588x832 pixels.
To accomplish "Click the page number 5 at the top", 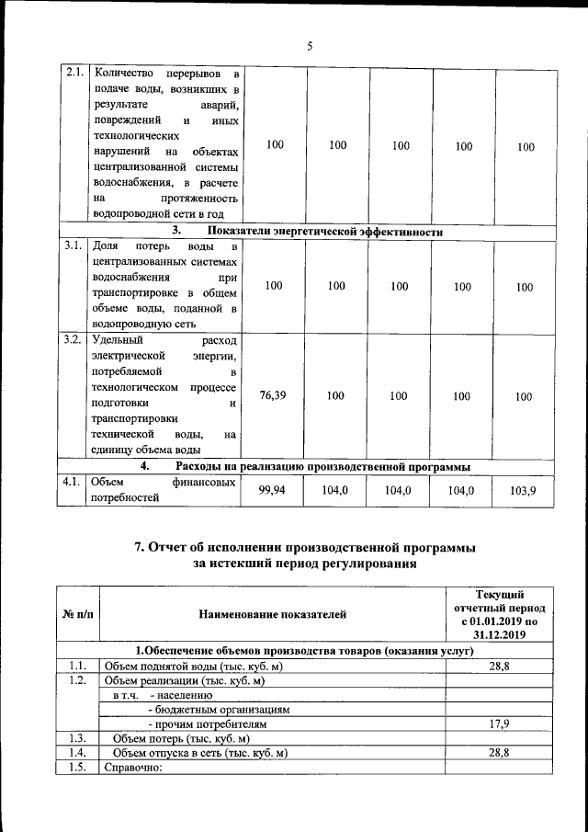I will pos(310,48).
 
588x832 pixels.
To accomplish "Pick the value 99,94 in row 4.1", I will pos(273,491).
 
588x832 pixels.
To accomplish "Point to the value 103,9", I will pos(524,492).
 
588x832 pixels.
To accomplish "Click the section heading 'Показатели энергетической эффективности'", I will pos(326,232).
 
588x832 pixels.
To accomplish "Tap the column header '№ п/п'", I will pos(77,614).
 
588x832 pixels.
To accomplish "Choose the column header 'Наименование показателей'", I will pos(271,614).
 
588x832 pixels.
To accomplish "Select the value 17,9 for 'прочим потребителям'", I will pos(500,724).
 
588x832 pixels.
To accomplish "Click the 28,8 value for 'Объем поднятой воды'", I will pos(500,666).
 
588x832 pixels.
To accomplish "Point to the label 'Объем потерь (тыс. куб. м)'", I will pos(181,739).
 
